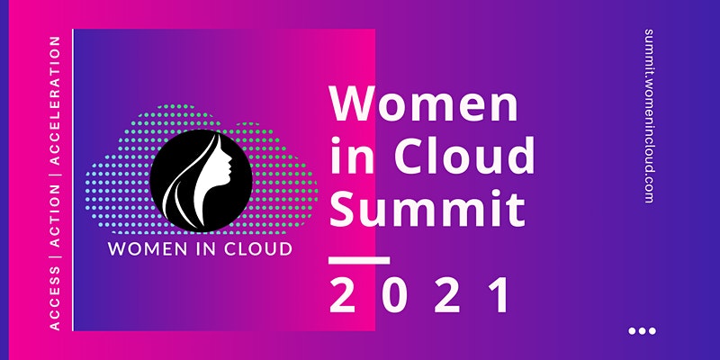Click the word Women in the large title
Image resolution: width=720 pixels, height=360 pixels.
[x=424, y=104]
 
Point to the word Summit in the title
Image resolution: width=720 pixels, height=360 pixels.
[x=427, y=208]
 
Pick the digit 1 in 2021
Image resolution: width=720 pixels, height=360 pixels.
[x=499, y=295]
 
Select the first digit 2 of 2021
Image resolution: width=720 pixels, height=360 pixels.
[x=342, y=295]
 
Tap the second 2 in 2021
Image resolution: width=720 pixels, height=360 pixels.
[x=447, y=295]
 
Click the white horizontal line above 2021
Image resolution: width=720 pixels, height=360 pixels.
[x=359, y=260]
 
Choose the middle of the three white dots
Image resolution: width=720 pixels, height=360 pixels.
[x=642, y=330]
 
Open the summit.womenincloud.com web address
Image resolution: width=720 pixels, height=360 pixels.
[x=649, y=116]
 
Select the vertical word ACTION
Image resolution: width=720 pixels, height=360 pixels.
[x=55, y=215]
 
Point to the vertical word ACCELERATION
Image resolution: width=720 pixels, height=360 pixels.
[x=55, y=101]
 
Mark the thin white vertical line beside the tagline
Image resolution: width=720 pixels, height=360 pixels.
[x=73, y=179]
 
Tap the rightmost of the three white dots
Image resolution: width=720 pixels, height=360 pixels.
[x=652, y=330]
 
